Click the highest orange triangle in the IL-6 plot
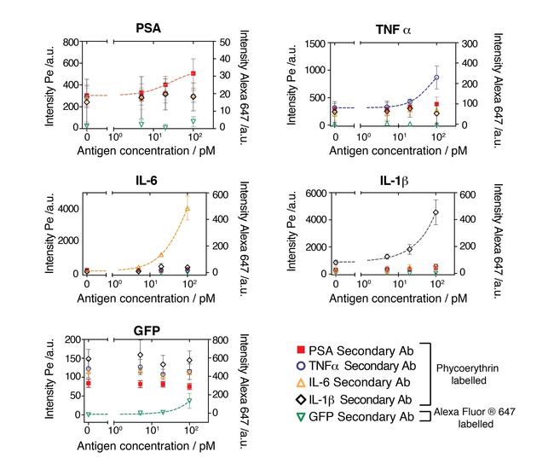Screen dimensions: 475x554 point(188,208)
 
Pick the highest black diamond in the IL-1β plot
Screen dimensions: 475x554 point(436,212)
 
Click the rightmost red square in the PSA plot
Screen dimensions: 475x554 point(193,73)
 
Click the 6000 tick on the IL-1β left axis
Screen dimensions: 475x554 point(316,194)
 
